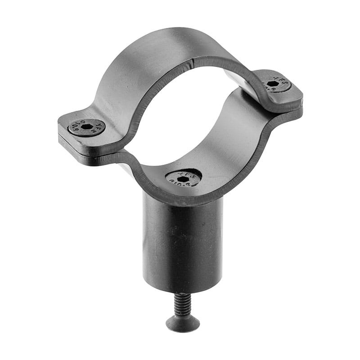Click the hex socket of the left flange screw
pyautogui.click(x=87, y=127)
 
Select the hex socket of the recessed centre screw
pyautogui.click(x=183, y=179)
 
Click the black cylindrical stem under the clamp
pyautogui.click(x=182, y=243)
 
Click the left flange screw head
pyautogui.click(x=87, y=127)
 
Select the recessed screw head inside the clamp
pyautogui.click(x=183, y=178)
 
